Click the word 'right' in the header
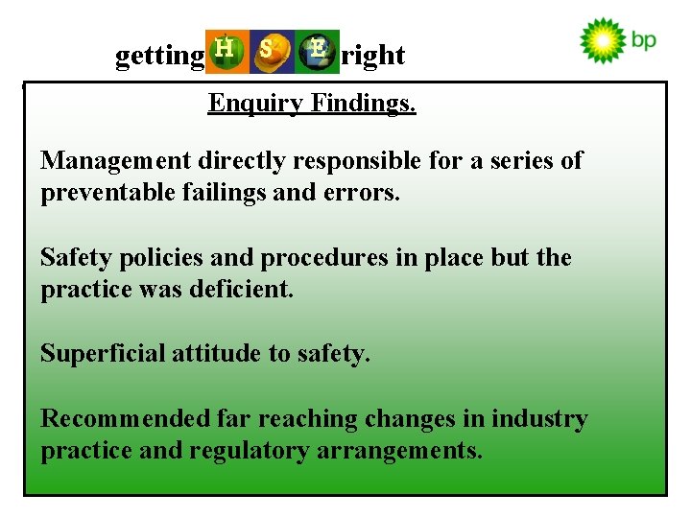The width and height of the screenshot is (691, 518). tap(373, 57)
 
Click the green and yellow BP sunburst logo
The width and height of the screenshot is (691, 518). tap(603, 41)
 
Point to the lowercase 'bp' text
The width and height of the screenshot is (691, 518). tap(644, 41)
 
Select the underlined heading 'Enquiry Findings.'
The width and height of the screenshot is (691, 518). tap(312, 103)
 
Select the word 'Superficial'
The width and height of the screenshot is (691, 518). tap(103, 354)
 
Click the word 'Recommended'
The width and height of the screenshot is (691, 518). tap(125, 419)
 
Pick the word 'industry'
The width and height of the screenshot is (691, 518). tap(539, 419)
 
